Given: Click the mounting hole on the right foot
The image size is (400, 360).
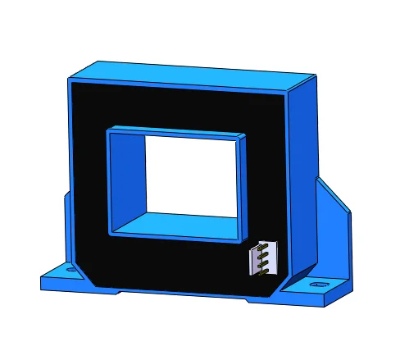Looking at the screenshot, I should [x=318, y=285].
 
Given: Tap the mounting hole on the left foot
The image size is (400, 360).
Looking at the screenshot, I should [x=71, y=269].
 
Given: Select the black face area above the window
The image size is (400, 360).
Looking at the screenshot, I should [x=176, y=107].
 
